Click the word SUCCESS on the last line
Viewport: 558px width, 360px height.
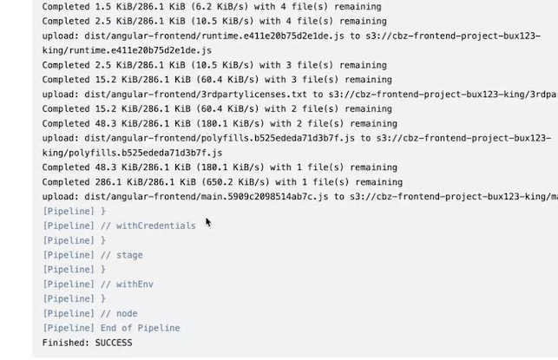(114, 343)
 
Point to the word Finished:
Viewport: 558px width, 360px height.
(66, 343)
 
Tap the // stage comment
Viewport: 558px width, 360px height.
(122, 255)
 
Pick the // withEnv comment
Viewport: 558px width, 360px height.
(128, 284)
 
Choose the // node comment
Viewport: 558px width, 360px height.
(120, 313)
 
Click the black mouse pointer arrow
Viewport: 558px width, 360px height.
(208, 222)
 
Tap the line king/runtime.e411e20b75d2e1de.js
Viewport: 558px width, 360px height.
(126, 50)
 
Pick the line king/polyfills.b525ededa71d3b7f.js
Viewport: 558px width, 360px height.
(132, 153)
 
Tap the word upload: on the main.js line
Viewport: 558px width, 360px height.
(62, 197)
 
